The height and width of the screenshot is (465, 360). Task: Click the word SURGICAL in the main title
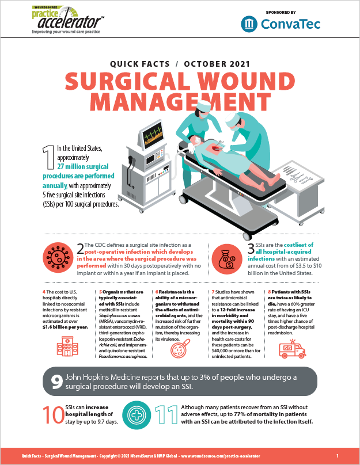pyautogui.click(x=130, y=81)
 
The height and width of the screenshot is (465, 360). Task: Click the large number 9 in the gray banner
pyautogui.click(x=55, y=381)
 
